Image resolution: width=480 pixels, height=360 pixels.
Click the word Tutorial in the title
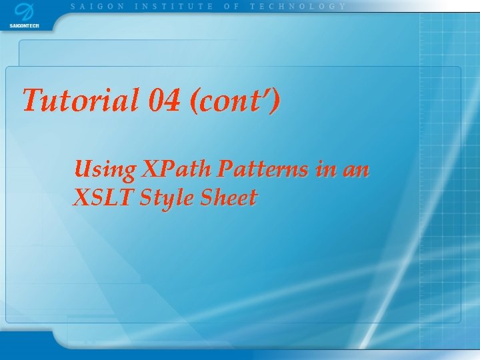[81, 99]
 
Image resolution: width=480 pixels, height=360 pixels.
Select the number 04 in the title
[164, 100]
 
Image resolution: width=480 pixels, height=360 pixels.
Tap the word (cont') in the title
[235, 101]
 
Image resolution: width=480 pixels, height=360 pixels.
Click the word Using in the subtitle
[105, 169]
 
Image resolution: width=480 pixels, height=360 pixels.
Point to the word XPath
[176, 169]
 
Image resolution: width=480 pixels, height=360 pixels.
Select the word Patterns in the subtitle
[263, 169]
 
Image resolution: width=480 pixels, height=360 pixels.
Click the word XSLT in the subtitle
[103, 197]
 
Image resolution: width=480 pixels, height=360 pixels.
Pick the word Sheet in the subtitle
[229, 197]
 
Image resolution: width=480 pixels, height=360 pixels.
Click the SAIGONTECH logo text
[24, 26]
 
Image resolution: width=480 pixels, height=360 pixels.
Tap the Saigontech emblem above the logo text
[25, 12]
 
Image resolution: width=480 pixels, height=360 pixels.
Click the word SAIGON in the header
[97, 7]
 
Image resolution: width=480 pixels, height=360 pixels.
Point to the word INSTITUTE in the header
[174, 7]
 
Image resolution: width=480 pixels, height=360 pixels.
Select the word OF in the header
[231, 7]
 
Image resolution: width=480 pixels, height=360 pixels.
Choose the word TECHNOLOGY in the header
[297, 7]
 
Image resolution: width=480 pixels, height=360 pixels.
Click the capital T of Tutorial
[34, 99]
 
